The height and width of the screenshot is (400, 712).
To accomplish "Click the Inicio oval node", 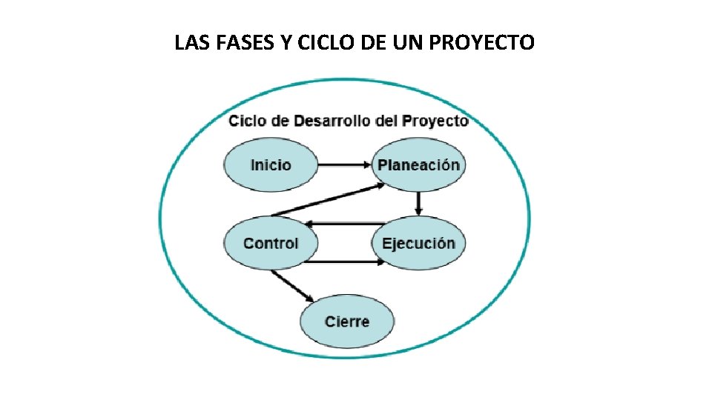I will point(271,164).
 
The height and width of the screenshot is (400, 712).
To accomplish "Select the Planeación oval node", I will point(418,164).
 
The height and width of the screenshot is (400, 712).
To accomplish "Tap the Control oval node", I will point(271,243).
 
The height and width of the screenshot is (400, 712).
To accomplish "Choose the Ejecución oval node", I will point(418,243).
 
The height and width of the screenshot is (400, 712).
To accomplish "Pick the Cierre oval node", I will point(346,321).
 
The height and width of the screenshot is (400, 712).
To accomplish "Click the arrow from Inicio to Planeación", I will point(344,164).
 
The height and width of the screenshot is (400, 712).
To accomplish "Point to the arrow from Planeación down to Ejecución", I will point(419,203).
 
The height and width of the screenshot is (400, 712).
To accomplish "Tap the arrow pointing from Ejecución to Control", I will point(344,224).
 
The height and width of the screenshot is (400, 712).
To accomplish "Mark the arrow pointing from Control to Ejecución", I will point(344,261).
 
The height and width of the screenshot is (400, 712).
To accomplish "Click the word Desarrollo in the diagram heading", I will point(333,121).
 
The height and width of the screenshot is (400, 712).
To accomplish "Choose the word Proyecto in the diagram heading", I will point(435,121).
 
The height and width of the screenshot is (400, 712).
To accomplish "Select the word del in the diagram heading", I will point(386,121).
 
